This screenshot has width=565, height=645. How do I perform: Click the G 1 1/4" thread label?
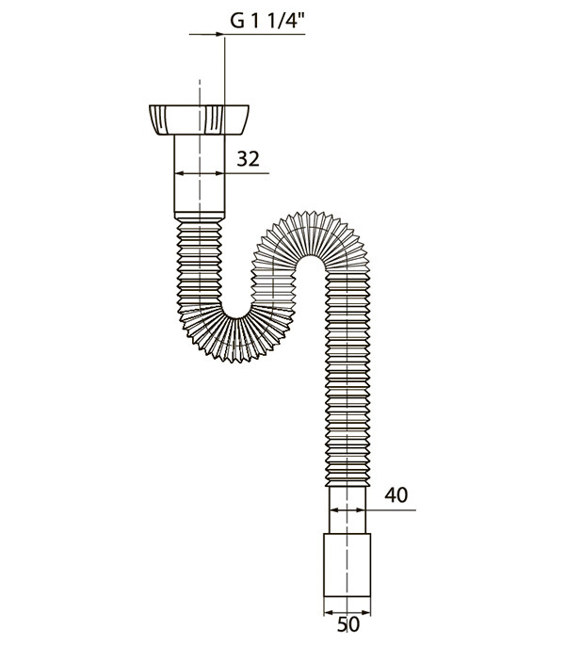coord(267,21)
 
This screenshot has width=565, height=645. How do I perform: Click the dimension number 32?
coord(249,159)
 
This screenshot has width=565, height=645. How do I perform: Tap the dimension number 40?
coord(395,495)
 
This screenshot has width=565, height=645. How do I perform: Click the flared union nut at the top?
coord(200,120)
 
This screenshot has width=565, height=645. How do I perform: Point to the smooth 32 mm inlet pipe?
coord(200,173)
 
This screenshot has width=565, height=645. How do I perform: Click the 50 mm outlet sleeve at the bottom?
coord(347,565)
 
